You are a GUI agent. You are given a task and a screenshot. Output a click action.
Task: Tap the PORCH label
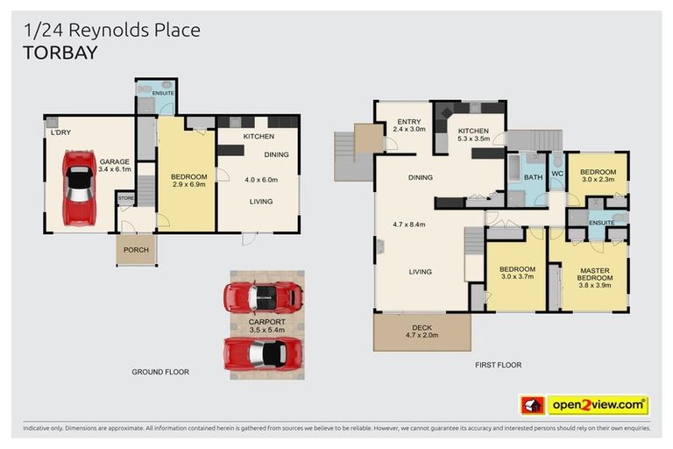136,250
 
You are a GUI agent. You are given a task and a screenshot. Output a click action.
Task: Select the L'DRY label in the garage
60,133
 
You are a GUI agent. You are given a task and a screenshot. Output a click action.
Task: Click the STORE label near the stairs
126,199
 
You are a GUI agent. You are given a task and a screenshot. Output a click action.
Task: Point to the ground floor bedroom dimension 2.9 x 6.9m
188,185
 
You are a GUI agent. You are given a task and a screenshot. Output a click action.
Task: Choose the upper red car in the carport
263,297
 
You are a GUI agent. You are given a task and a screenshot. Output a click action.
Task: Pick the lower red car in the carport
263,353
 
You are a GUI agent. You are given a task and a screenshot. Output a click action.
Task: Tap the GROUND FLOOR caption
160,372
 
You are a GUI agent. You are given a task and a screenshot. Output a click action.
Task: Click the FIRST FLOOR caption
498,365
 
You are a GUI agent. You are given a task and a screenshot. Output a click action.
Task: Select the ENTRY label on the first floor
409,121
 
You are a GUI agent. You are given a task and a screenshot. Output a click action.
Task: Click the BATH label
532,177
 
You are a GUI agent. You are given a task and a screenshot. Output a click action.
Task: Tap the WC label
556,173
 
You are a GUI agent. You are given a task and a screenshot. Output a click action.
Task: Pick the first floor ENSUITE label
600,223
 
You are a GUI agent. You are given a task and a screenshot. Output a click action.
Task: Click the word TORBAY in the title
60,53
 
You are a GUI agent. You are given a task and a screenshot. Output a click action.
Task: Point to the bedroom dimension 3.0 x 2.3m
598,180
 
